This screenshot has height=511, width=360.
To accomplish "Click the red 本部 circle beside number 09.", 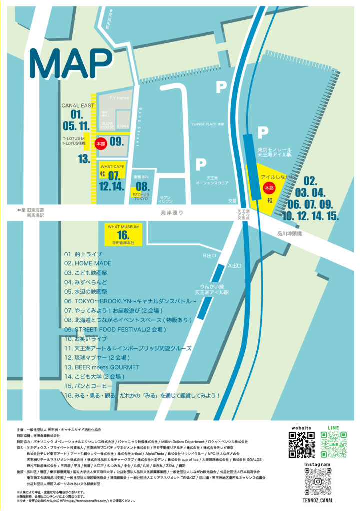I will [x=101, y=143].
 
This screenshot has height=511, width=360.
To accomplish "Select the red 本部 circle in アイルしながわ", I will [x=269, y=188].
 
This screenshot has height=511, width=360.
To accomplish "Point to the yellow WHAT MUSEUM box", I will [x=123, y=234].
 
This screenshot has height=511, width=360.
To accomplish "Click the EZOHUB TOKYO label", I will [x=141, y=196].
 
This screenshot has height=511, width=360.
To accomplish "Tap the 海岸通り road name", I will [x=172, y=213].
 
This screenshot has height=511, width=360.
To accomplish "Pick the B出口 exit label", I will [x=208, y=256].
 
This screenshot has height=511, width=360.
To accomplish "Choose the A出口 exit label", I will [x=235, y=266].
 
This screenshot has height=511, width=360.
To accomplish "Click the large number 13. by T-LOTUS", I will [x=83, y=159].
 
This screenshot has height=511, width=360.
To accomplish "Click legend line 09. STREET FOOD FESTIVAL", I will [x=114, y=330].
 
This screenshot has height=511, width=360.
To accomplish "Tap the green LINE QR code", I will [x=333, y=445].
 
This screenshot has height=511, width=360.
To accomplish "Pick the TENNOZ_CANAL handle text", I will [x=318, y=500].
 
